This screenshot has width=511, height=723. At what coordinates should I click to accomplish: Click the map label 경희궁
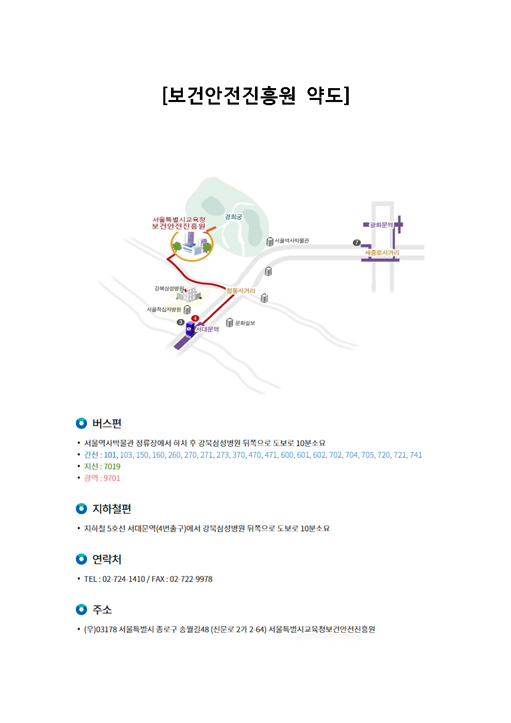click(x=233, y=217)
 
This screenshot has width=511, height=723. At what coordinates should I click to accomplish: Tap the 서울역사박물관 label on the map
click(x=292, y=241)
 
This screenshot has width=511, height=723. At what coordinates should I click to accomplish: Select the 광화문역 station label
click(x=381, y=225)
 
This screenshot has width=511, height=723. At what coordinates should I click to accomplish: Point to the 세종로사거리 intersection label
click(x=382, y=253)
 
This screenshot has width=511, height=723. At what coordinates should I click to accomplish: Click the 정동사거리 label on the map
click(x=241, y=291)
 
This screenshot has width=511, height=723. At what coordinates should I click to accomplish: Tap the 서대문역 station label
click(x=208, y=329)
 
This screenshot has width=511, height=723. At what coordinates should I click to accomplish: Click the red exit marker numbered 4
click(x=195, y=318)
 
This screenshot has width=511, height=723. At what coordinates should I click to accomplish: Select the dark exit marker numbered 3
click(x=181, y=322)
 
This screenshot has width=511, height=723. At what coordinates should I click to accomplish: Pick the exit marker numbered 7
click(x=356, y=242)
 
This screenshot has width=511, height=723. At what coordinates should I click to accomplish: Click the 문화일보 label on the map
click(x=245, y=323)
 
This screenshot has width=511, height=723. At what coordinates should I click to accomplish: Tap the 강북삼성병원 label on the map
click(x=169, y=288)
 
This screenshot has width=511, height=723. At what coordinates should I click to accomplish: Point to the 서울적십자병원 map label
click(x=164, y=310)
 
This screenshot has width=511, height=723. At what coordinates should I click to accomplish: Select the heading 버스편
click(x=107, y=423)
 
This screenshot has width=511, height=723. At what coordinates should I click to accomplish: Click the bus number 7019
click(x=112, y=466)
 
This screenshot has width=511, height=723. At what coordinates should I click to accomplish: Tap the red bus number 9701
click(x=112, y=478)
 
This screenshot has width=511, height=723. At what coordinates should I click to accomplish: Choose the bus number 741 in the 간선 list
click(x=416, y=455)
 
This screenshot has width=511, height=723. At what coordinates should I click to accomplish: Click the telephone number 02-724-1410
click(x=124, y=579)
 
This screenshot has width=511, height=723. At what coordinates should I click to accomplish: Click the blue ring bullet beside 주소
click(x=81, y=610)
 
